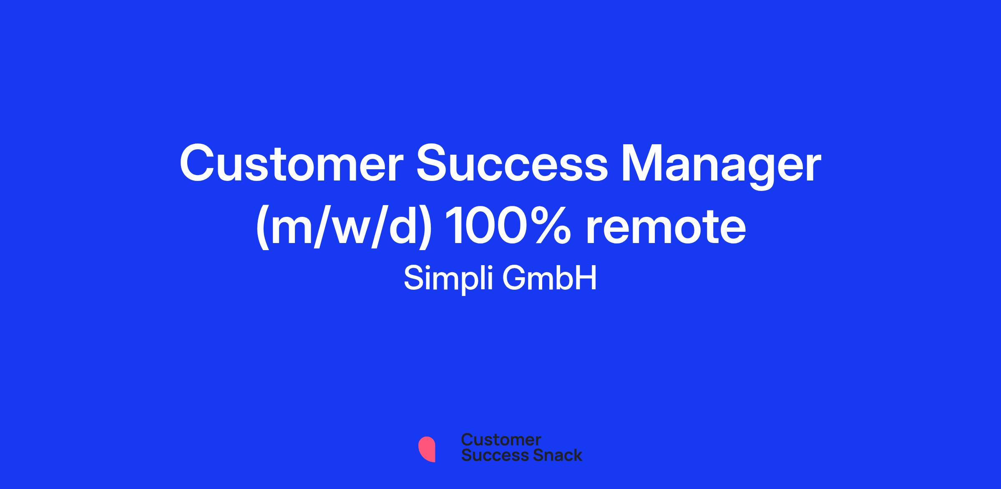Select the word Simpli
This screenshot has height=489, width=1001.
[449, 279]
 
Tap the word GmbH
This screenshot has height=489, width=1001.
[550, 278]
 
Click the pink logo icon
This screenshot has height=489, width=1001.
[427, 449]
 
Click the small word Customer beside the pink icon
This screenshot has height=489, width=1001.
[501, 440]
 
